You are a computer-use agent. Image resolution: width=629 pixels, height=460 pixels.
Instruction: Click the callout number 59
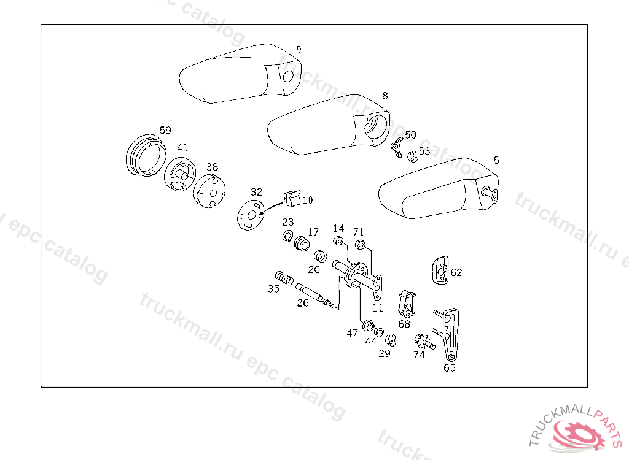click(165, 130)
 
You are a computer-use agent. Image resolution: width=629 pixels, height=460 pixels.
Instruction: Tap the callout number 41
click(182, 148)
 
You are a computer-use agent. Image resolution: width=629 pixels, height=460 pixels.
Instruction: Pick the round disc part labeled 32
click(250, 215)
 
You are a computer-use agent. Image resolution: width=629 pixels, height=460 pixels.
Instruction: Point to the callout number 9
click(299, 50)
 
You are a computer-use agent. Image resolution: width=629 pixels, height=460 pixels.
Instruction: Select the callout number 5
click(496, 160)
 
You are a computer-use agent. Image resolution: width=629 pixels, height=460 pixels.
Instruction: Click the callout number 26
click(303, 302)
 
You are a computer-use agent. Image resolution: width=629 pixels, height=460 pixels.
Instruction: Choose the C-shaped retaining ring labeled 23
click(287, 237)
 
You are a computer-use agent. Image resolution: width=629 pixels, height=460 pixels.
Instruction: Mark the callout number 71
click(359, 232)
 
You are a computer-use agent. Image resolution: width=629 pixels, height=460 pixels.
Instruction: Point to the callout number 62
click(456, 272)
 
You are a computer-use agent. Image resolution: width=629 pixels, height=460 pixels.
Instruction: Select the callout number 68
click(404, 324)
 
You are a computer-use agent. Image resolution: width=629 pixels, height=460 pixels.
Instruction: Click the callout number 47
click(352, 333)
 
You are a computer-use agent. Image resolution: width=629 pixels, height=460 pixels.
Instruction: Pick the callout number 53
click(424, 151)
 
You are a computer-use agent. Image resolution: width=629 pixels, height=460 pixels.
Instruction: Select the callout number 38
click(212, 167)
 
